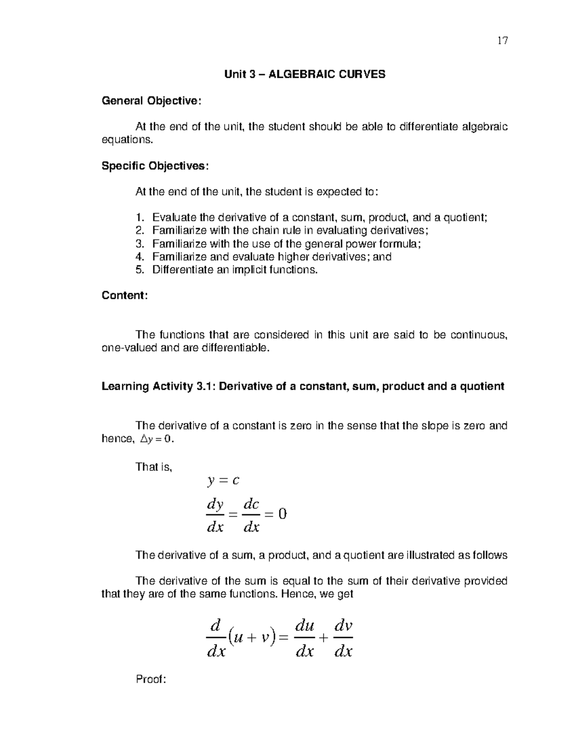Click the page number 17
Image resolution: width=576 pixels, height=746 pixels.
point(502,40)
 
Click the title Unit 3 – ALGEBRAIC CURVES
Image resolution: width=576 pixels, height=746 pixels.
point(305,74)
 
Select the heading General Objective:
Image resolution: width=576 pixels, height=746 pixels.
point(152,101)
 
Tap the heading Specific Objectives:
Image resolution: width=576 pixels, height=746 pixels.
point(155,166)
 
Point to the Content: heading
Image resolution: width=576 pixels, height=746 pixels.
point(124,295)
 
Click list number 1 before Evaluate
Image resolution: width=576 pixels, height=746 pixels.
point(139,218)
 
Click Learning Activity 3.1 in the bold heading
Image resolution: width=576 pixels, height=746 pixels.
point(158,386)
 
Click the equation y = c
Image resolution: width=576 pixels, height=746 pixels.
point(223,480)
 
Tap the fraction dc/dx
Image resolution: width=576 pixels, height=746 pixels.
point(252,515)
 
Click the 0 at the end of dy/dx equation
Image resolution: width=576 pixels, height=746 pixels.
point(282,514)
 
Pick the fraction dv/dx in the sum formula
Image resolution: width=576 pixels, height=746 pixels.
point(343,638)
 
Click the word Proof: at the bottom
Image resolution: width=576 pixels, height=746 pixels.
point(151,679)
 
